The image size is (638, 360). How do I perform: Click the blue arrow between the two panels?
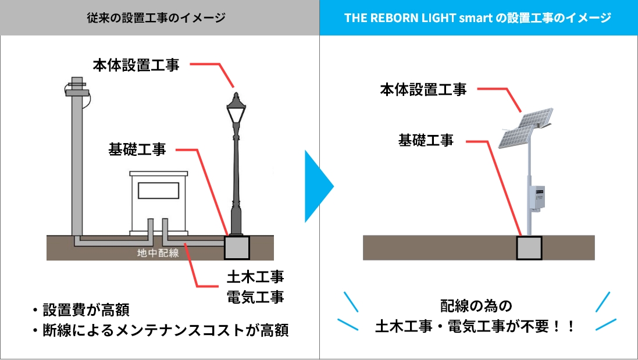coord(318,187)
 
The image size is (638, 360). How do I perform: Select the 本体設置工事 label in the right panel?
coord(423,90)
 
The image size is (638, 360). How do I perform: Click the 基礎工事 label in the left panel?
coord(137,149)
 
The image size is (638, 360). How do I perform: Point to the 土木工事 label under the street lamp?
coord(255,276)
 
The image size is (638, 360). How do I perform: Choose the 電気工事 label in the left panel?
coord(255,297)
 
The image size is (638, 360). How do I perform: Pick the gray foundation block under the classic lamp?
coord(236,248)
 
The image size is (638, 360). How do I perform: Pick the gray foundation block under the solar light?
coord(529,248)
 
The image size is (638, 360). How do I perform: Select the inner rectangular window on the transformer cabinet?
coord(158,191)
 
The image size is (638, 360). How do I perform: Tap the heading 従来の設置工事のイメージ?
coord(159,18)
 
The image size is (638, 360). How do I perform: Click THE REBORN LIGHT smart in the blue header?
coord(416,18)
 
